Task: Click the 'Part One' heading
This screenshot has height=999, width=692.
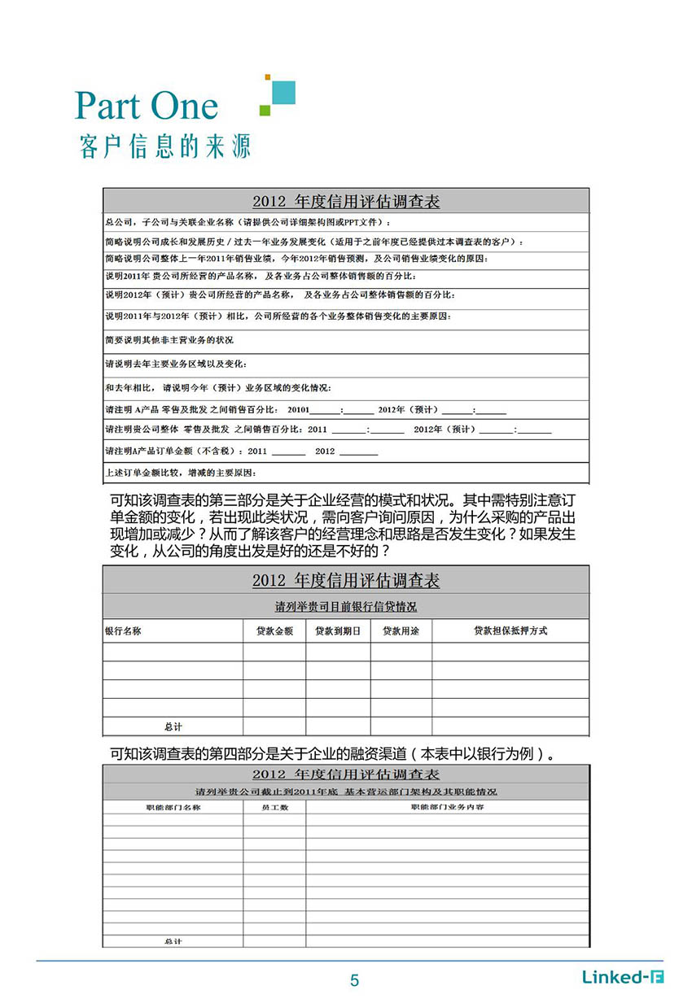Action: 147,106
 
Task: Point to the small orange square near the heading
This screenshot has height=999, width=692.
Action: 267,77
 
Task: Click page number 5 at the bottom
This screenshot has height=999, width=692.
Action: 354,980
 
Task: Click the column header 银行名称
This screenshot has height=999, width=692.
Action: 124,630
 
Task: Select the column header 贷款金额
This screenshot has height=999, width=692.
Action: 274,630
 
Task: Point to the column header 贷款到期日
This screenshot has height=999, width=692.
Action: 338,630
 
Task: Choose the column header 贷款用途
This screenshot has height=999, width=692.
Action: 401,630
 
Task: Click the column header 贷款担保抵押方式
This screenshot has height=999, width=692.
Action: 510,630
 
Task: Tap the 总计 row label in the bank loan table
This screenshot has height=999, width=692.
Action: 173,726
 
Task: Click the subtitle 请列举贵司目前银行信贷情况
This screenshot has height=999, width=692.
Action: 346,607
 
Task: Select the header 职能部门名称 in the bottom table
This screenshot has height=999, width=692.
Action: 173,807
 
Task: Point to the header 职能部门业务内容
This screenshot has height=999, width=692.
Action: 447,807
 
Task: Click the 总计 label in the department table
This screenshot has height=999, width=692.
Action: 173,941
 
